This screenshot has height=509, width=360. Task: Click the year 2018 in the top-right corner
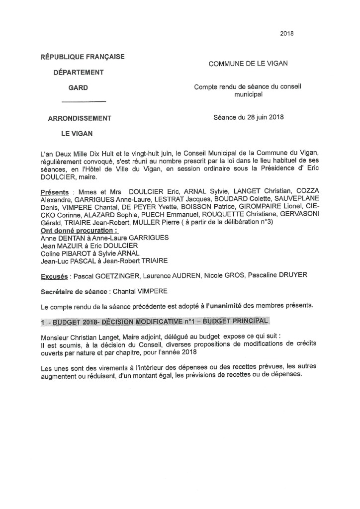tap(287, 34)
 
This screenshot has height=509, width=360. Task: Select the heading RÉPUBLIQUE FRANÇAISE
tap(83, 57)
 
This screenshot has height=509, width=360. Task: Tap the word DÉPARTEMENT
tap(79, 72)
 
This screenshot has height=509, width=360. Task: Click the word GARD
tap(78, 87)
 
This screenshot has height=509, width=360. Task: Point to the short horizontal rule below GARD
tap(83, 102)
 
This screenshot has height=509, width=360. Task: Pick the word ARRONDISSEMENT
tap(80, 118)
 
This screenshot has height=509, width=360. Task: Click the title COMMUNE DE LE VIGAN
tap(248, 64)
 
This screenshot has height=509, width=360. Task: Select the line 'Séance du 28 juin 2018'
tap(249, 118)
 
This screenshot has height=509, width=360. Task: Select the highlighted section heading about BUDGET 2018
tap(156, 321)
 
